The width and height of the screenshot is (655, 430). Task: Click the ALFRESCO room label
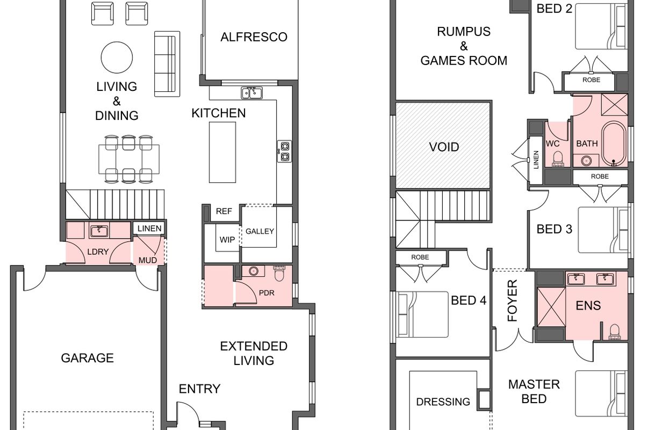(x=254, y=37)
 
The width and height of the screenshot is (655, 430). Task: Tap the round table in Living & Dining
(x=117, y=58)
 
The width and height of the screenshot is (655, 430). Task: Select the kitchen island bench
(x=222, y=153)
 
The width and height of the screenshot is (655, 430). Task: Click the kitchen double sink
(x=252, y=93)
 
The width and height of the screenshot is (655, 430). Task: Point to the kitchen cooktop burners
(x=285, y=151)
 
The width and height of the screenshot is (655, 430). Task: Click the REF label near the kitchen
(x=224, y=211)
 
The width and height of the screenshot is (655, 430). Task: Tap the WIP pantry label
(x=227, y=240)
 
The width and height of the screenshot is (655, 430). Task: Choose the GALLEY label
(x=260, y=231)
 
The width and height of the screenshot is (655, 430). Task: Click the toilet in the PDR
(x=279, y=274)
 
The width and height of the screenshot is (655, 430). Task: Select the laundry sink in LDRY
(x=99, y=231)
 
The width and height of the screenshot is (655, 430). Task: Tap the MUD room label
(x=148, y=260)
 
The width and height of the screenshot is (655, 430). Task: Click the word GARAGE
(x=88, y=358)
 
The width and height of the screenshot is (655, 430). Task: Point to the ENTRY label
(x=200, y=389)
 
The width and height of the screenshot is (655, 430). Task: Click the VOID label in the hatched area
(x=444, y=147)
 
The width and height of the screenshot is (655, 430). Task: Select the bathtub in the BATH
(x=614, y=144)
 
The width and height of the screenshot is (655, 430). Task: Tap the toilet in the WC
(x=558, y=159)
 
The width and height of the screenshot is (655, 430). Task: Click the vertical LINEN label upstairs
(x=536, y=160)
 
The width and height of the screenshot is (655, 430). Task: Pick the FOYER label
(x=512, y=300)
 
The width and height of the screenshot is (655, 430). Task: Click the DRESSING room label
(x=443, y=402)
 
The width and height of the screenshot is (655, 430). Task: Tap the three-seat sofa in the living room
(x=167, y=64)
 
